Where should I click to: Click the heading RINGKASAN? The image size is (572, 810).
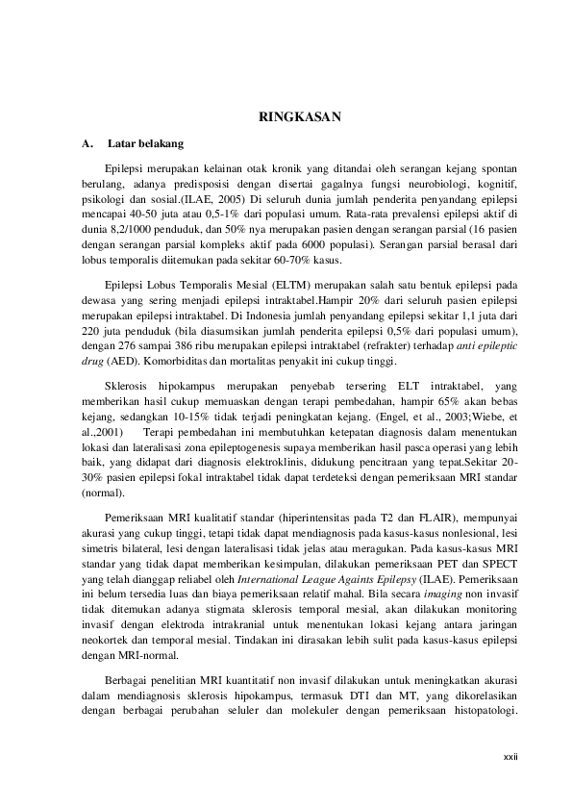303,117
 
